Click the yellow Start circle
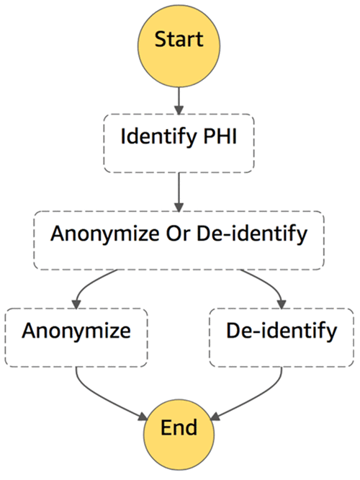[179, 46]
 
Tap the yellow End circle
[179, 435]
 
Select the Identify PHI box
[179, 143]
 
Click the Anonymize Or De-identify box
[179, 240]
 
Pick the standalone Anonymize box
[76, 337]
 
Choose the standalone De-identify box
[282, 337]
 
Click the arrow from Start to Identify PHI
[179, 101]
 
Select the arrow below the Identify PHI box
[179, 192]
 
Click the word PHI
[220, 136]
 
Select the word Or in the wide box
[178, 234]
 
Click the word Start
[179, 39]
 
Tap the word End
[179, 427]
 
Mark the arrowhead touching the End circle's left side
[143, 417]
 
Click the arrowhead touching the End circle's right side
[215, 417]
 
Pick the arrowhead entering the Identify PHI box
[179, 110]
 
